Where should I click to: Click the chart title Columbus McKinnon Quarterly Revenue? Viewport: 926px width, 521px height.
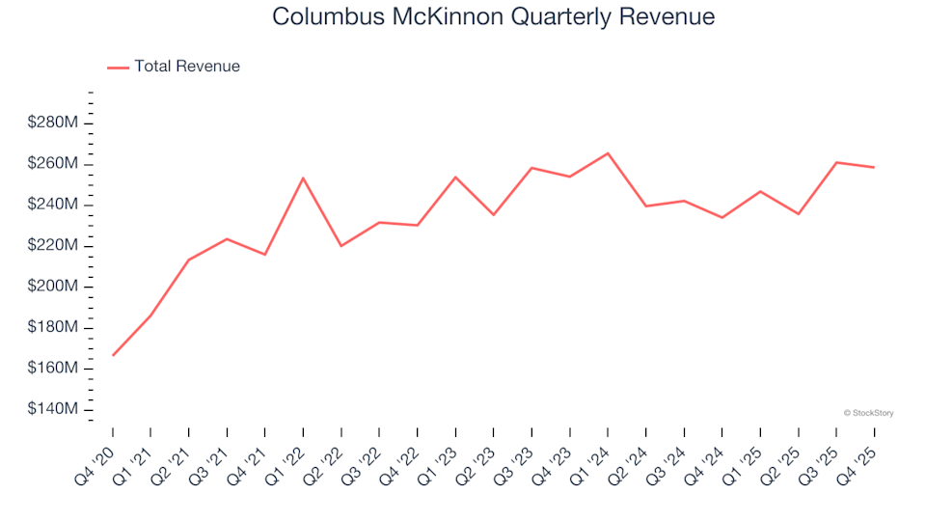tap(493, 17)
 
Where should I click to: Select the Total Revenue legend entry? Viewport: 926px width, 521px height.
tap(186, 67)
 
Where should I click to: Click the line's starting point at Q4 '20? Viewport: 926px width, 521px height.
tap(113, 355)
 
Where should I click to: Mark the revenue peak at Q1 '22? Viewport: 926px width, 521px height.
tap(303, 178)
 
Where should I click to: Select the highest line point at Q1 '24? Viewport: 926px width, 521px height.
tap(608, 153)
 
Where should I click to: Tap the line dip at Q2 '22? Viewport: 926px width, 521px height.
tap(341, 246)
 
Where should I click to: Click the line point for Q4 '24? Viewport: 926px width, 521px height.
tap(722, 218)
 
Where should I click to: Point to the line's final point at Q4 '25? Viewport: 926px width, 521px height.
tap(874, 168)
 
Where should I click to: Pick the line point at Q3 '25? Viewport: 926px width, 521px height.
tap(836, 162)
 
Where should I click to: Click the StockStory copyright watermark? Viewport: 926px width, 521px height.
tap(868, 413)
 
